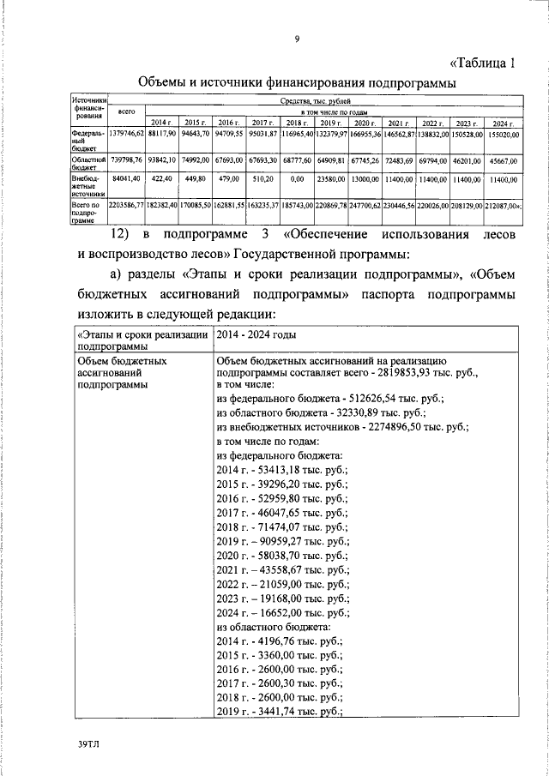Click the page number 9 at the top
tap(296, 39)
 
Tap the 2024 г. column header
tap(503, 123)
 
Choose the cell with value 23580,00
tap(330, 181)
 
